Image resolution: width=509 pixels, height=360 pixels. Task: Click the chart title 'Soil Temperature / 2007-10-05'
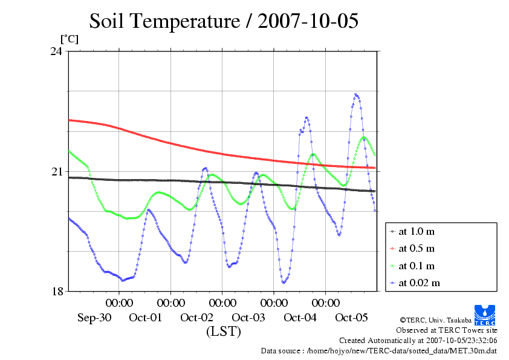(224, 21)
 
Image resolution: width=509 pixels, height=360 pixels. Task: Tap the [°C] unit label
(68, 39)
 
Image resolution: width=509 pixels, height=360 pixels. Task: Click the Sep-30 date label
(94, 318)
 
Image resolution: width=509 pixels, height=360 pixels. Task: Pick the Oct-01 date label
(146, 318)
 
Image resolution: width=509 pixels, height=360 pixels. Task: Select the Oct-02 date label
(197, 318)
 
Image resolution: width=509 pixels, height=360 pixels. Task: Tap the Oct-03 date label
(248, 318)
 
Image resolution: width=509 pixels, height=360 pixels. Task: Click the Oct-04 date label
(300, 318)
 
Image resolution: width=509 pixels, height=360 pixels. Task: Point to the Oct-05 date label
(351, 318)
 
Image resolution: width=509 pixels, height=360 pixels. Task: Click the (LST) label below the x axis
(223, 332)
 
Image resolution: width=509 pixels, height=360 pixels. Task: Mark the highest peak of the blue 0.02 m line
(356, 94)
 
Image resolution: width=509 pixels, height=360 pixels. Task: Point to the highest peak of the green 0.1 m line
(365, 137)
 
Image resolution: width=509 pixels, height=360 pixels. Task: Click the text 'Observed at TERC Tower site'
(446, 330)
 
